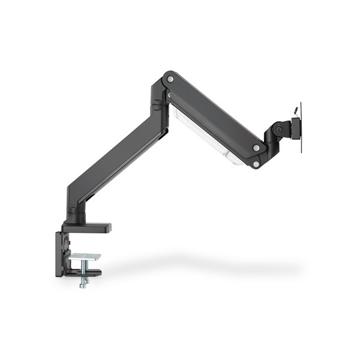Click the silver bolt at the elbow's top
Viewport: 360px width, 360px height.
(170, 79)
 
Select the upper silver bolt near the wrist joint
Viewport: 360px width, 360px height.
(256, 148)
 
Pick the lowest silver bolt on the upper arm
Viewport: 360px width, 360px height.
(256, 163)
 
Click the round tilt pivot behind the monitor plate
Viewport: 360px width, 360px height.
(277, 128)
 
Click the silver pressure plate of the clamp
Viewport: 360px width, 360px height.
(84, 257)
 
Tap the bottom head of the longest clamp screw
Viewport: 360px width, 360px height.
(83, 284)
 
